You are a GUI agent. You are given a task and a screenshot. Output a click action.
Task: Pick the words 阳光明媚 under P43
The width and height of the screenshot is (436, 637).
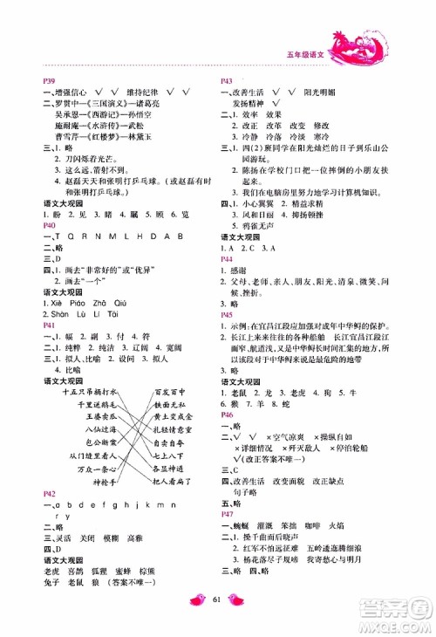pyautogui.click(x=321, y=90)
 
